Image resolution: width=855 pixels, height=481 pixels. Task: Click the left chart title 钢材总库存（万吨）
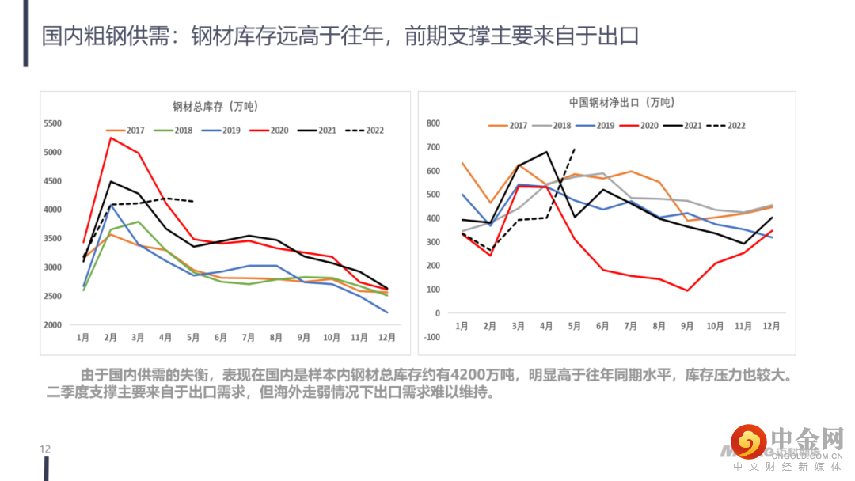tap(215, 105)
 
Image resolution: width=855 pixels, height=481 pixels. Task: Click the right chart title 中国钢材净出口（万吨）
tap(621, 102)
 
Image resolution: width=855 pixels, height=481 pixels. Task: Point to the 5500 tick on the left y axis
tap(52, 123)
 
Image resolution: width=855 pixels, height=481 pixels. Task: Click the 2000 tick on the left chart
tap(52, 325)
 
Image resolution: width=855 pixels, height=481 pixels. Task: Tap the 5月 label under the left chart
tap(193, 338)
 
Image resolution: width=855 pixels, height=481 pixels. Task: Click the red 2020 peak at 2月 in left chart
tap(110, 138)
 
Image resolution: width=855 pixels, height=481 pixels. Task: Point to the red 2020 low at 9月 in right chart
tap(687, 290)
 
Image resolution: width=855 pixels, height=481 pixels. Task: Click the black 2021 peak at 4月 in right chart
tap(546, 152)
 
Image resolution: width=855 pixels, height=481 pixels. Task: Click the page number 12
tap(45, 449)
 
